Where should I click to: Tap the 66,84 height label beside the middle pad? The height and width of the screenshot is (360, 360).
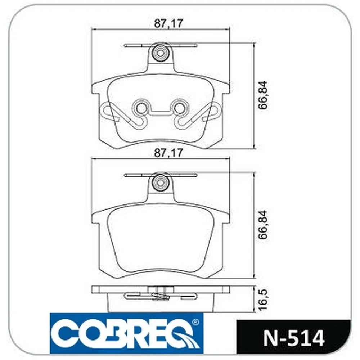coord(263,225)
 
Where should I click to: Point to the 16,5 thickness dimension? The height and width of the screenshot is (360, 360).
coord(263,300)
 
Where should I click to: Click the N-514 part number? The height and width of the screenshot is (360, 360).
coord(294,338)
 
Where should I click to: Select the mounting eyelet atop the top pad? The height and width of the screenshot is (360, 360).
coord(161,53)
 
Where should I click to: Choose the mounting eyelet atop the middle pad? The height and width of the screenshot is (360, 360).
coord(161,183)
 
